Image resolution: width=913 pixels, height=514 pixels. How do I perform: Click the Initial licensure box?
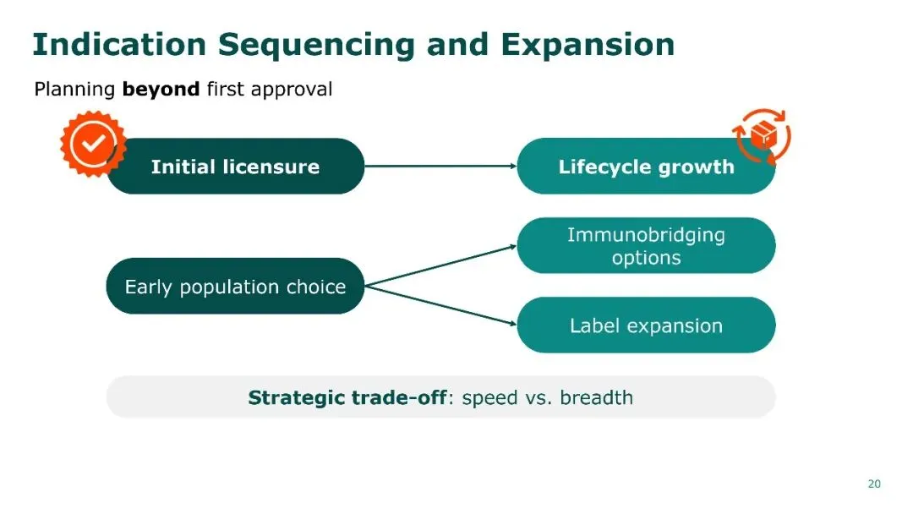[x=235, y=167]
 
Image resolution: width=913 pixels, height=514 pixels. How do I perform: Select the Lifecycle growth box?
[x=646, y=167]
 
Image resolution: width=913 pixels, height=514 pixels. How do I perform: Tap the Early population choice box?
[x=235, y=287]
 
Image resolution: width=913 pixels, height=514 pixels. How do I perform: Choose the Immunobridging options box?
[x=646, y=246]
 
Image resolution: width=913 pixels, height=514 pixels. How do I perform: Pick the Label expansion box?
[x=646, y=325]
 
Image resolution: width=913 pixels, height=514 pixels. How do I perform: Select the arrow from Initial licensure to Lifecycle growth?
[x=440, y=166]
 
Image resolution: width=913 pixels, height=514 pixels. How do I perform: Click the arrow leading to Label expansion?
[x=440, y=305]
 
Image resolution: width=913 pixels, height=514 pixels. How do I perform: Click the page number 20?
[x=874, y=484]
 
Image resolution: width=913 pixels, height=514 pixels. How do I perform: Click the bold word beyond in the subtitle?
[x=161, y=89]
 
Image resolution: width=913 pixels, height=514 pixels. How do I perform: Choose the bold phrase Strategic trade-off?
[x=347, y=397]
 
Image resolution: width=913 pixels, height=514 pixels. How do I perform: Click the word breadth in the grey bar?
[x=596, y=397]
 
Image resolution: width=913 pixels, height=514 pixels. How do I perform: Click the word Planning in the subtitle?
[x=74, y=90]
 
